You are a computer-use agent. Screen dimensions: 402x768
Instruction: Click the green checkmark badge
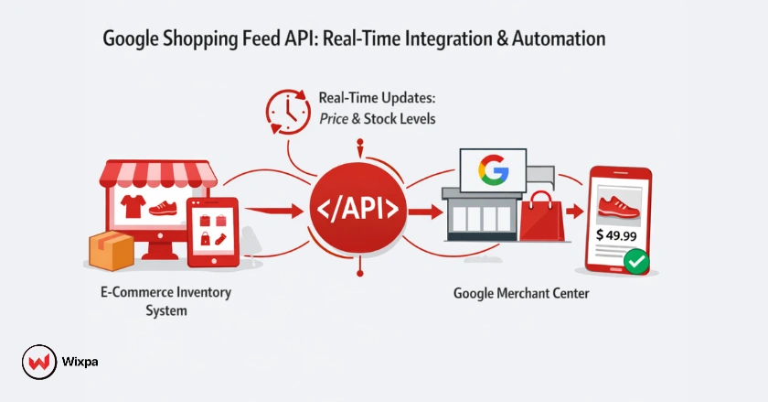(x=636, y=263)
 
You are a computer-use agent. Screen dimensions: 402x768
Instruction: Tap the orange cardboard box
(x=112, y=252)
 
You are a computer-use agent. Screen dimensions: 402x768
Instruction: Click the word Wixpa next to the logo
(x=80, y=362)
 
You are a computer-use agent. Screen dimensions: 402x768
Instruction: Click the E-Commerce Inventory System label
(x=165, y=301)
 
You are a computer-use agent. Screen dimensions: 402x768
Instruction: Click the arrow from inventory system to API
(x=274, y=212)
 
